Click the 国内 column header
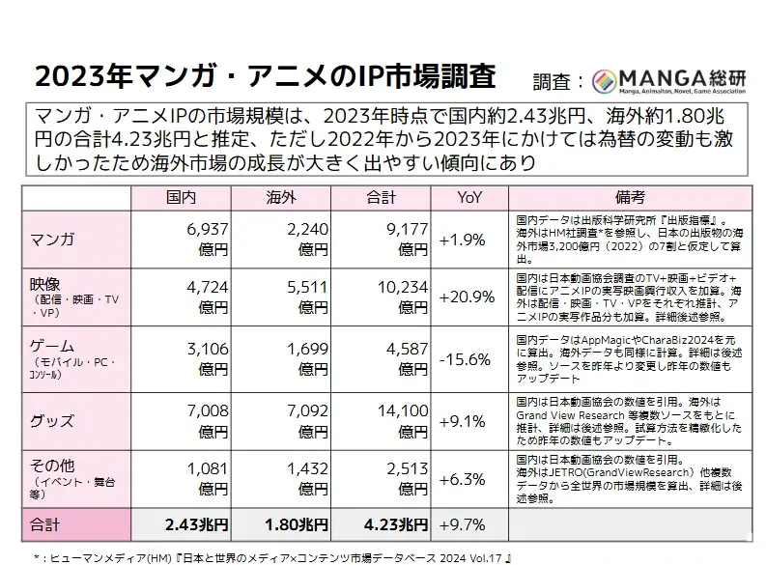(x=184, y=198)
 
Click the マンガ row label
(x=54, y=238)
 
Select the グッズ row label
(x=54, y=420)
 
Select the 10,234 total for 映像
(x=400, y=289)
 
